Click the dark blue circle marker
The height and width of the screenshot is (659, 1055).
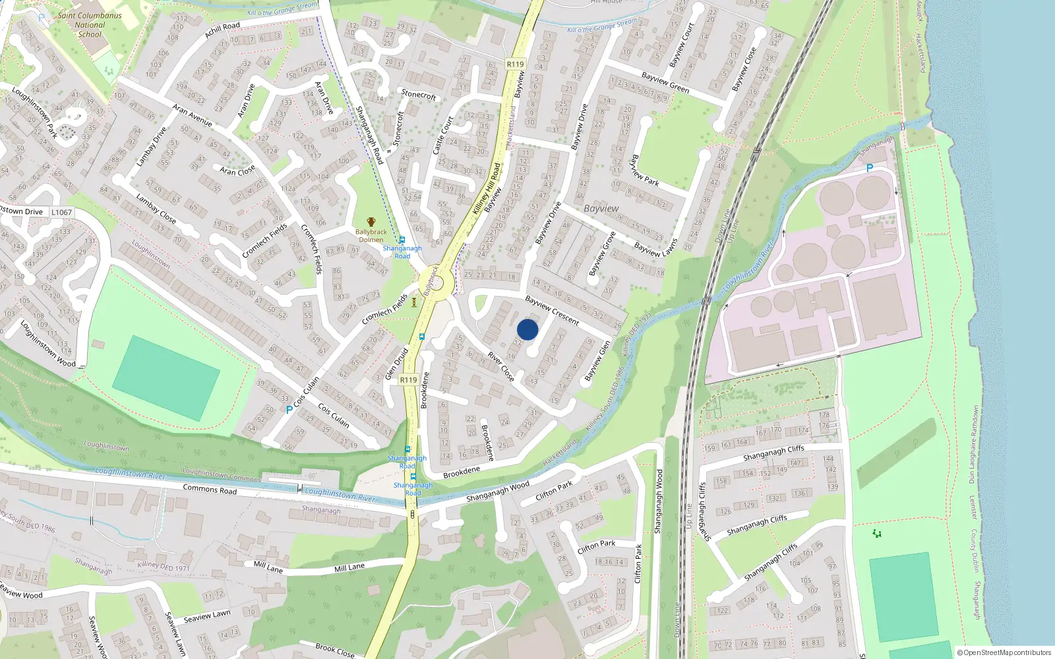click(x=527, y=329)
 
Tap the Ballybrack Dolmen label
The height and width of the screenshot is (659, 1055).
click(x=371, y=235)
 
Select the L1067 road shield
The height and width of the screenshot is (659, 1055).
click(x=61, y=212)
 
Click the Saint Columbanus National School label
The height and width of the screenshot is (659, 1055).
click(x=90, y=25)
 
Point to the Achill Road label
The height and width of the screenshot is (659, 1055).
click(x=222, y=30)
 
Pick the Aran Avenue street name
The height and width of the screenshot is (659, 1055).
click(x=192, y=115)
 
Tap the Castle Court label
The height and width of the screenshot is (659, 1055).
click(x=443, y=136)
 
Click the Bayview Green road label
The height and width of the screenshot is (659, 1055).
click(x=665, y=82)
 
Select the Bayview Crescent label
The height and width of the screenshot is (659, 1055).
click(x=552, y=310)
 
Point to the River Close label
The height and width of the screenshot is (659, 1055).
click(x=500, y=366)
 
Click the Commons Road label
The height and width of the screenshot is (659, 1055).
click(x=210, y=489)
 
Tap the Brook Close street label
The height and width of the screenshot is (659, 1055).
click(x=334, y=650)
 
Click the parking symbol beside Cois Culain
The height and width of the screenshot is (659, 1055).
click(x=289, y=410)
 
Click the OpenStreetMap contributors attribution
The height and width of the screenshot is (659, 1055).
click(x=1004, y=652)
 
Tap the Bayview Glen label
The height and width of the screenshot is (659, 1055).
click(x=597, y=361)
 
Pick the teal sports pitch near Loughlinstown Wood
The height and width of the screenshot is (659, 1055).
click(x=166, y=378)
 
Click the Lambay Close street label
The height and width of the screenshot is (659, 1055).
click(x=156, y=208)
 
